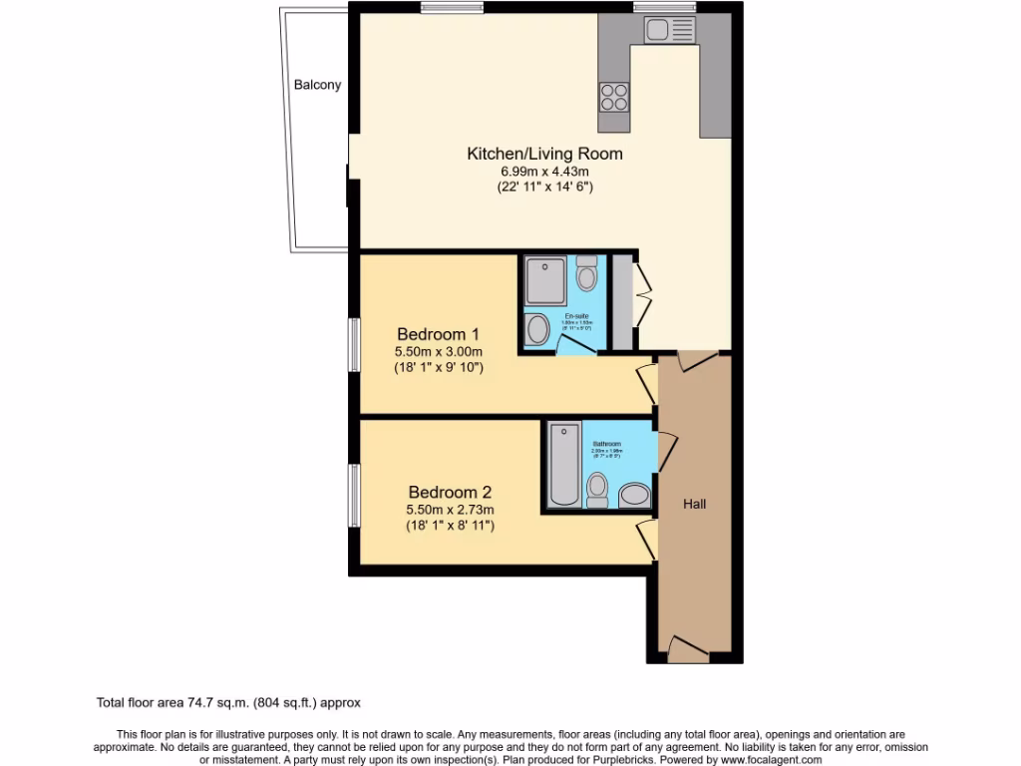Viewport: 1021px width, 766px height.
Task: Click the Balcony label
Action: [317, 85]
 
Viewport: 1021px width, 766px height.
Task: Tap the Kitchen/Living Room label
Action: [544, 154]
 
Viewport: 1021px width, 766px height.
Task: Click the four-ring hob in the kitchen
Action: [613, 97]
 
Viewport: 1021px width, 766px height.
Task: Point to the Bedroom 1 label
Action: [438, 333]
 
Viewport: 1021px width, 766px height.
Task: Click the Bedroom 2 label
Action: [450, 492]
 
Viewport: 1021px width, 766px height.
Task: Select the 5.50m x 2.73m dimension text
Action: [450, 510]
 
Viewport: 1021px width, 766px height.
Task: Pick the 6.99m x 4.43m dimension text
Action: [544, 172]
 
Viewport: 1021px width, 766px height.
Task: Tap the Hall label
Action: [695, 504]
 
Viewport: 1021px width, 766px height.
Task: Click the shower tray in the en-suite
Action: [546, 281]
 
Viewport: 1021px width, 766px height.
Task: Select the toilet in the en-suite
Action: [587, 272]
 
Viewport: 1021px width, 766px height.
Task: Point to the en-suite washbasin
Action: [537, 330]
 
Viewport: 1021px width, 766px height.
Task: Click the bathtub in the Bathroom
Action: [563, 464]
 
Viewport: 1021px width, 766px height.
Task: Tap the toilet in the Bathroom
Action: [597, 489]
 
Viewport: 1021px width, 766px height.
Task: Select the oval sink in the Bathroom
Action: [633, 494]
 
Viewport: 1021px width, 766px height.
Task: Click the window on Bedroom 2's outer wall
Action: [353, 495]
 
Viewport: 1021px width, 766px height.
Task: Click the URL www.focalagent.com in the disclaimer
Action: [765, 759]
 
